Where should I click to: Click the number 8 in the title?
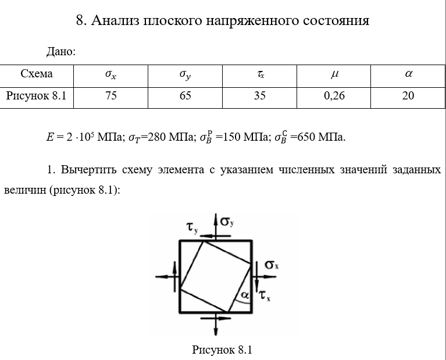[x=80, y=21]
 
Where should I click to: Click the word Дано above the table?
[x=60, y=52]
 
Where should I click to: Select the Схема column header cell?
[x=37, y=74]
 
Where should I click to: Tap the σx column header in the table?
[x=110, y=74]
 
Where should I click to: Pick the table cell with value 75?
[x=110, y=96]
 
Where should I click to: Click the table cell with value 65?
[x=185, y=96]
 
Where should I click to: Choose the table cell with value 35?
[x=259, y=96]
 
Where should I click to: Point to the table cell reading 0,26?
[x=334, y=96]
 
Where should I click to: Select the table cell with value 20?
[x=408, y=96]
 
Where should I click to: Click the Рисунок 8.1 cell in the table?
[x=37, y=96]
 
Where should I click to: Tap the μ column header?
[x=334, y=74]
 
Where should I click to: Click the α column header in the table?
[x=408, y=74]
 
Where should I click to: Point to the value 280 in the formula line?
[x=158, y=138]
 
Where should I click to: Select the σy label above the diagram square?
[x=227, y=222]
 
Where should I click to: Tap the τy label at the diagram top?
[x=192, y=227]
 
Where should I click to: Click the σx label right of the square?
[x=272, y=265]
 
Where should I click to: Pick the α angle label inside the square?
[x=245, y=295]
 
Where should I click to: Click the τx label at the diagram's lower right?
[x=265, y=295]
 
